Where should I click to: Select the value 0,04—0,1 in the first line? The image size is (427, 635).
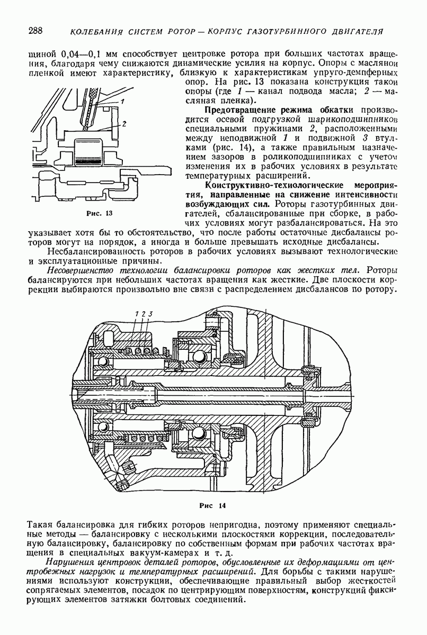tap(75, 53)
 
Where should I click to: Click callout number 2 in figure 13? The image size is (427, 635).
tap(123, 123)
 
